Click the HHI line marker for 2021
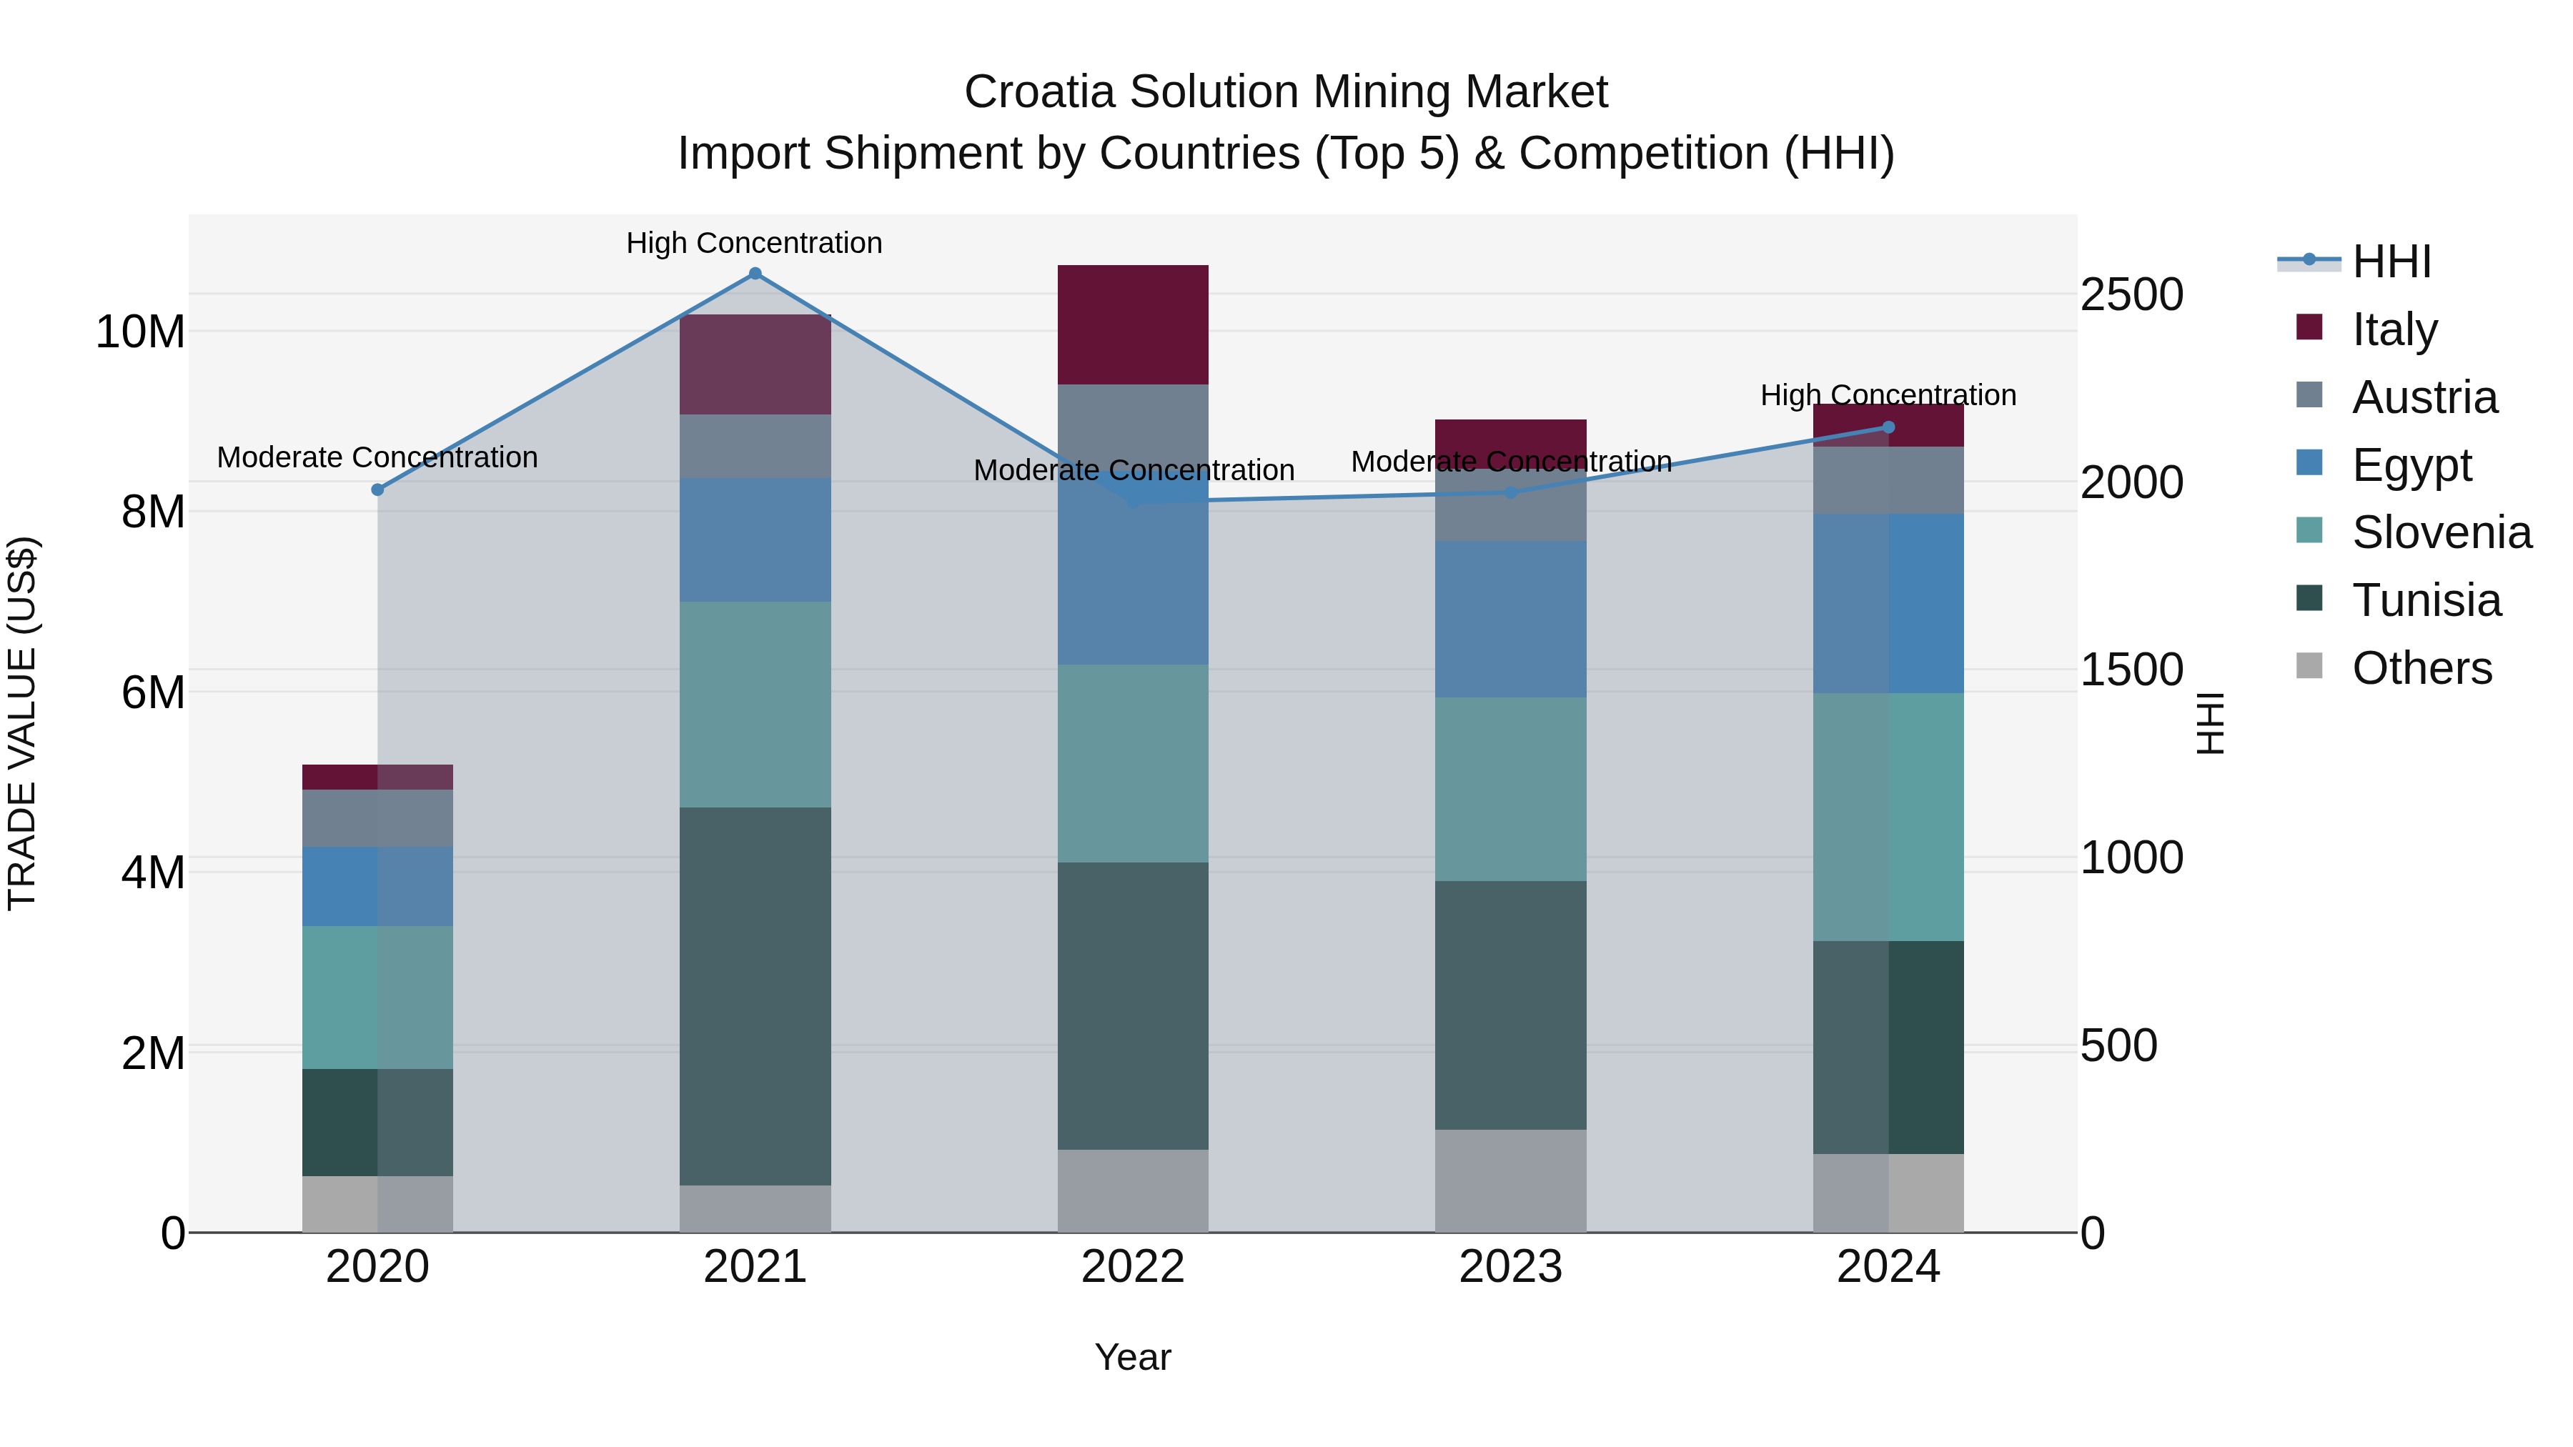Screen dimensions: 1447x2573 [755, 274]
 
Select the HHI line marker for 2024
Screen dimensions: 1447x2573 [1888, 427]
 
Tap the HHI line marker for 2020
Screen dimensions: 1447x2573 [377, 490]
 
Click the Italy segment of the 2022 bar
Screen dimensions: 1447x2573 [1133, 324]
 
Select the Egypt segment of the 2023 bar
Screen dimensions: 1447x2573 [1510, 619]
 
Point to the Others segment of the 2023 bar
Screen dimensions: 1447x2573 [1510, 1180]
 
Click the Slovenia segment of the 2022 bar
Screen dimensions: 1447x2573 [1133, 763]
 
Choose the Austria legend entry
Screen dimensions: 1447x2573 [2424, 397]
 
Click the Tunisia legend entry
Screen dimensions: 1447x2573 [2426, 600]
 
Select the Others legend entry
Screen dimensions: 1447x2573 [2421, 668]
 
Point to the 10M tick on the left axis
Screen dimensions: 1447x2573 [140, 332]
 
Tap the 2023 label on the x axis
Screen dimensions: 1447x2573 [1510, 1267]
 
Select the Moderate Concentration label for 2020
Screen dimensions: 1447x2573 [377, 457]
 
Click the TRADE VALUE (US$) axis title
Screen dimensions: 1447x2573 [22, 723]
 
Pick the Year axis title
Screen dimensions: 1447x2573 [1133, 1357]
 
